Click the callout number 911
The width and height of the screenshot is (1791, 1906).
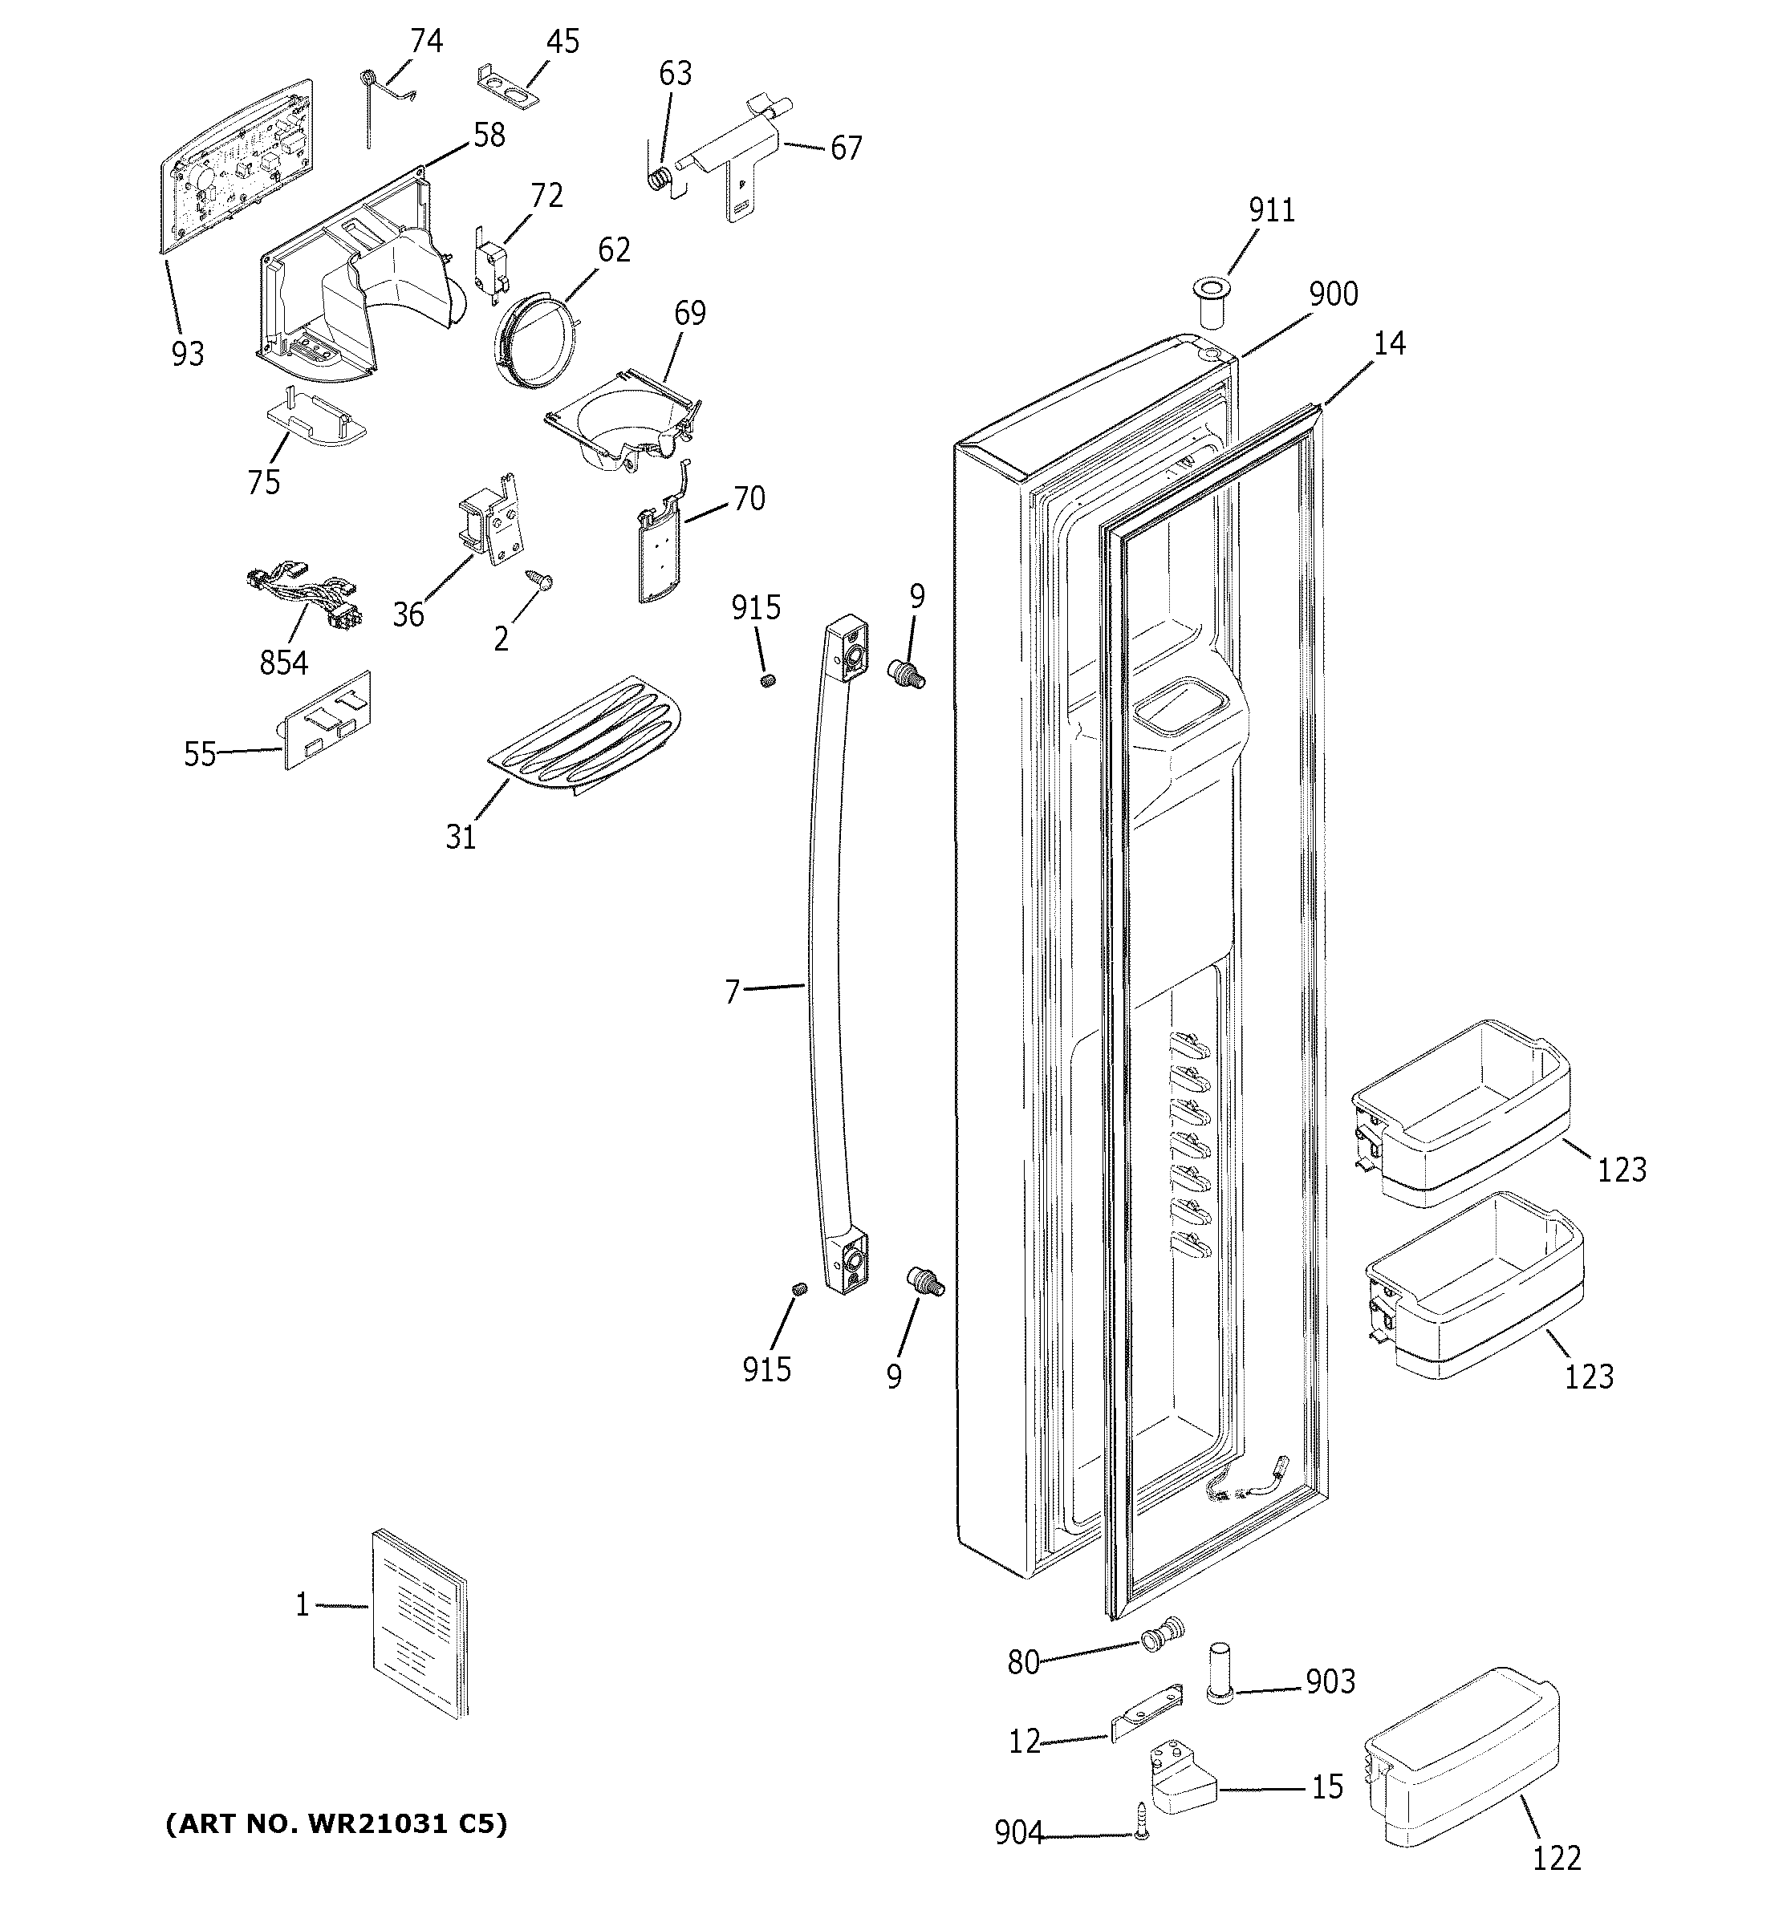pos(1270,209)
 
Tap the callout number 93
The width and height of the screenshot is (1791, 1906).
pos(188,354)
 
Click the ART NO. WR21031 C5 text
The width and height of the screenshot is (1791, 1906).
pos(335,1823)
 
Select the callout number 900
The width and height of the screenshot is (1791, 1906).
pos(1333,294)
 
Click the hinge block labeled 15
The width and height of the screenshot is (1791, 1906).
pos(1180,1782)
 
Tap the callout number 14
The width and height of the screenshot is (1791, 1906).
pos(1388,343)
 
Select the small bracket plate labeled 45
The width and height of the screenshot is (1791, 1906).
pos(507,83)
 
